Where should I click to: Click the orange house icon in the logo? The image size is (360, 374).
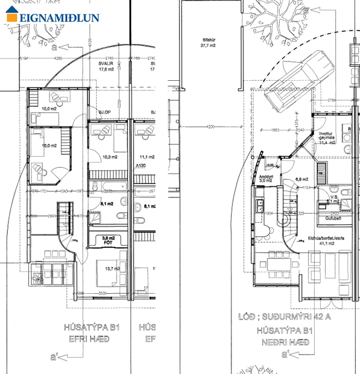[x=13, y=16]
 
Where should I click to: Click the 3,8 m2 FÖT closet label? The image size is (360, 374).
[x=109, y=240]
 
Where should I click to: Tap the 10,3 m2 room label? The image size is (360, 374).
[x=109, y=157]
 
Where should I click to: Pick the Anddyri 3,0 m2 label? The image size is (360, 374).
[x=267, y=178]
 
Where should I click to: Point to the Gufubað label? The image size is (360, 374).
[x=333, y=217]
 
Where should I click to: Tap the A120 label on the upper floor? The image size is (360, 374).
[x=141, y=165]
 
